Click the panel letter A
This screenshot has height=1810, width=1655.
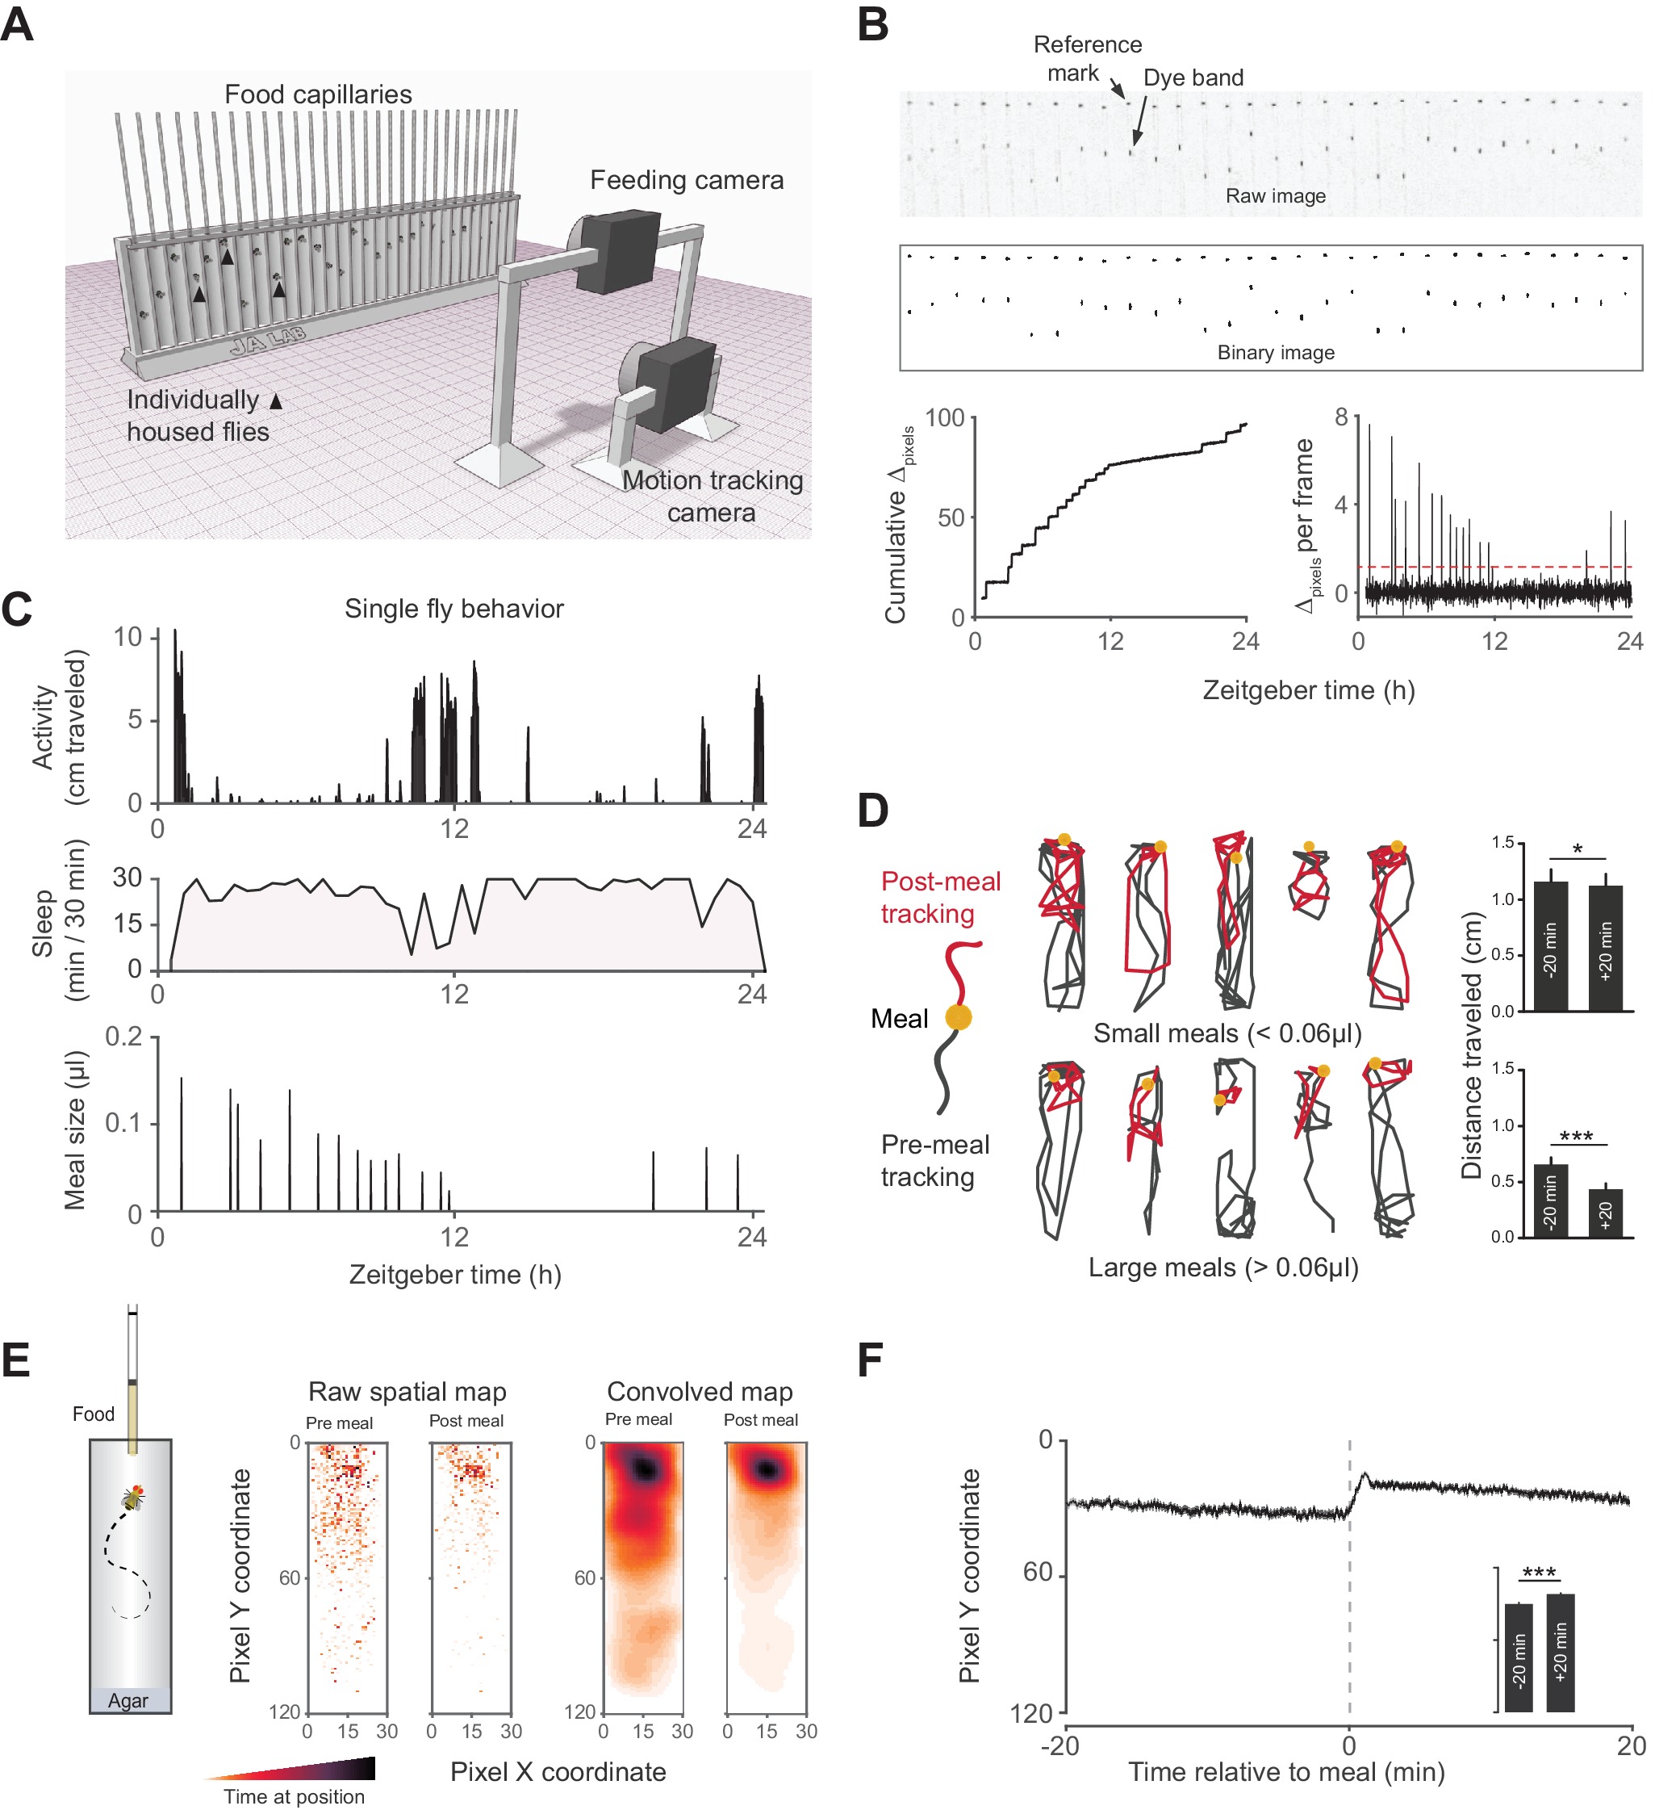17,24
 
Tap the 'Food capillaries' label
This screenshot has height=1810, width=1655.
318,94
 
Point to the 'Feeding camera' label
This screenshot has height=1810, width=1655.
686,181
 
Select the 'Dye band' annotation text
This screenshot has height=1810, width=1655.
1193,78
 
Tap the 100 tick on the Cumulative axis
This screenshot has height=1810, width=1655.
944,418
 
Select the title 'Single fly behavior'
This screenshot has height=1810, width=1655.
454,609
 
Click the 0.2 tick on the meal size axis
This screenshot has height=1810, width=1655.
123,1037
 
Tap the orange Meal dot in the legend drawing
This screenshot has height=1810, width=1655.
958,1017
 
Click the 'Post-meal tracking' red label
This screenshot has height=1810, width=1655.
940,897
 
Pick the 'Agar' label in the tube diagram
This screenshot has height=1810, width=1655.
128,1699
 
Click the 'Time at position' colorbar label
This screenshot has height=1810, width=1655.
294,1795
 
